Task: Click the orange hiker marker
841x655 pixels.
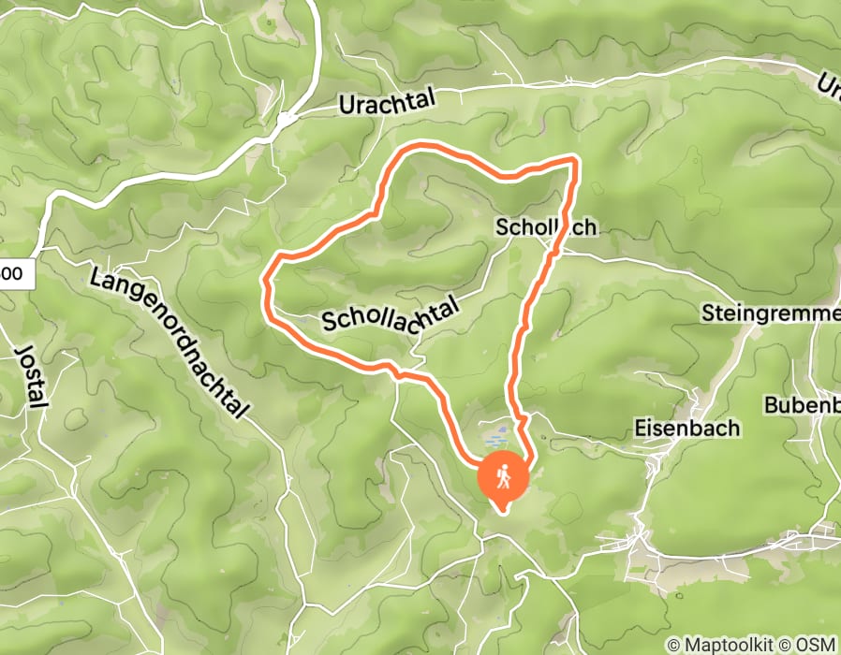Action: [503, 478]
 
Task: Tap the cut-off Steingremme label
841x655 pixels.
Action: [769, 313]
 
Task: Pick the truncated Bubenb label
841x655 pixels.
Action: [801, 405]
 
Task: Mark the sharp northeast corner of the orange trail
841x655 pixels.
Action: [574, 161]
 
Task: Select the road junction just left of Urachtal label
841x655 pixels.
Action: [285, 119]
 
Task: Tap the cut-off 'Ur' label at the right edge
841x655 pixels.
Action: [829, 86]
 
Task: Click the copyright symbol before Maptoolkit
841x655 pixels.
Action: [673, 645]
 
